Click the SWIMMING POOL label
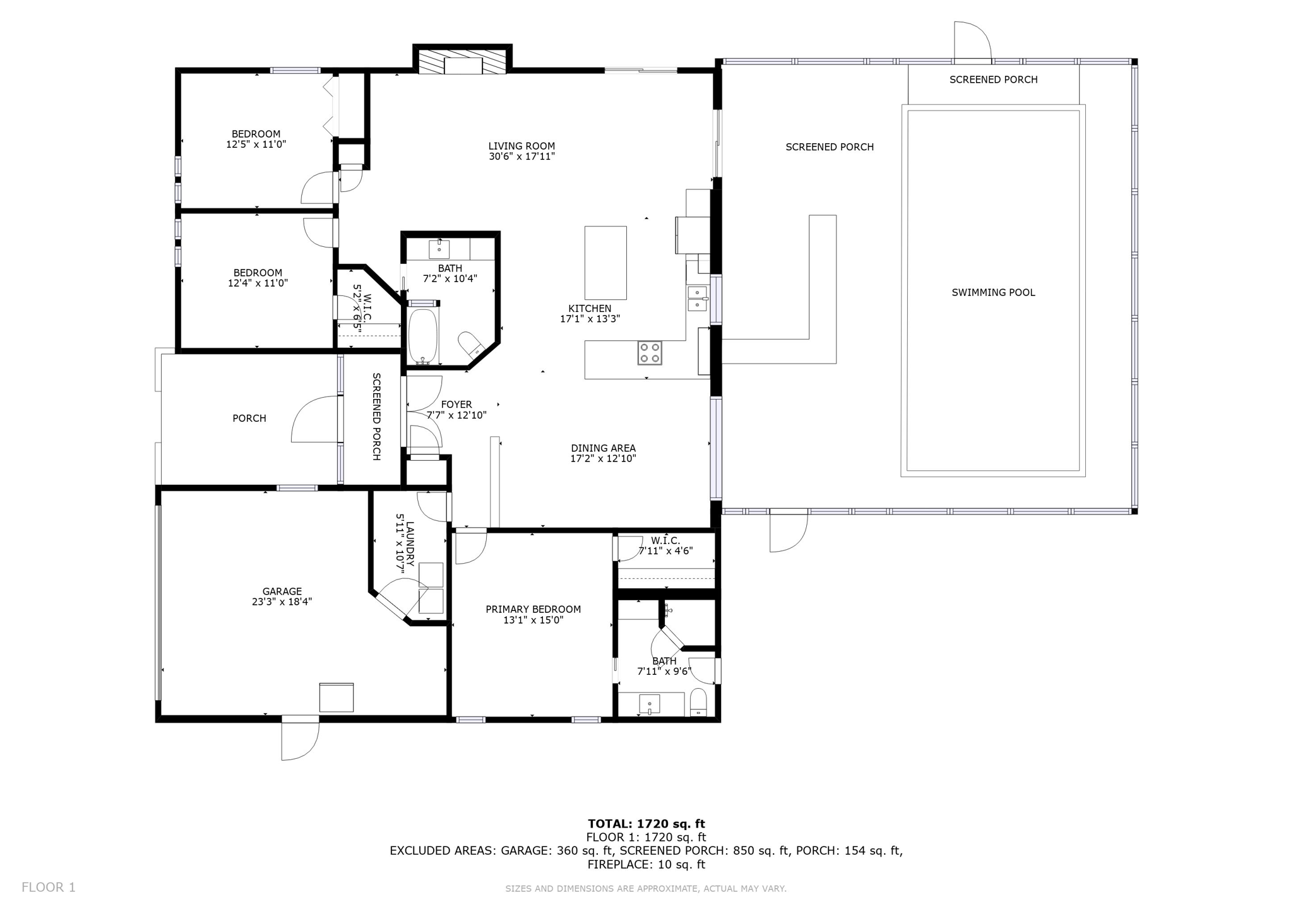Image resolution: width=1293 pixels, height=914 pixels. point(993,292)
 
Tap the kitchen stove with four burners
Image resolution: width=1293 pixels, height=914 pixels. point(650,353)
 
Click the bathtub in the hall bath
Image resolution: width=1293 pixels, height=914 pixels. point(423,335)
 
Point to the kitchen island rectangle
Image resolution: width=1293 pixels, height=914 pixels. point(605,263)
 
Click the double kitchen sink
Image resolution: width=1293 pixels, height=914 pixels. point(697,298)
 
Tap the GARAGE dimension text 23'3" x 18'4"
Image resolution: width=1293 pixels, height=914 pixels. point(282,602)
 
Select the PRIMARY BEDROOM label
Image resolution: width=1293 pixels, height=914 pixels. point(533,609)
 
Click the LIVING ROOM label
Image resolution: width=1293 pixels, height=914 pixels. point(521,146)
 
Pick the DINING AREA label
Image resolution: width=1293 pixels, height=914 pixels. point(603,448)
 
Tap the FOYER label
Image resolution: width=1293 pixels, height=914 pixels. point(456,405)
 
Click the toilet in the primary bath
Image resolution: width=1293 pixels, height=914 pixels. point(698,703)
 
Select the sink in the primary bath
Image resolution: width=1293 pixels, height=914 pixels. point(649,704)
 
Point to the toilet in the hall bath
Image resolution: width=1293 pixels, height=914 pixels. point(470,345)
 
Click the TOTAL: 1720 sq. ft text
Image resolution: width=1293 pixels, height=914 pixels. point(646,824)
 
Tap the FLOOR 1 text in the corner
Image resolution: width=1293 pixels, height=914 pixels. point(49,887)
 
